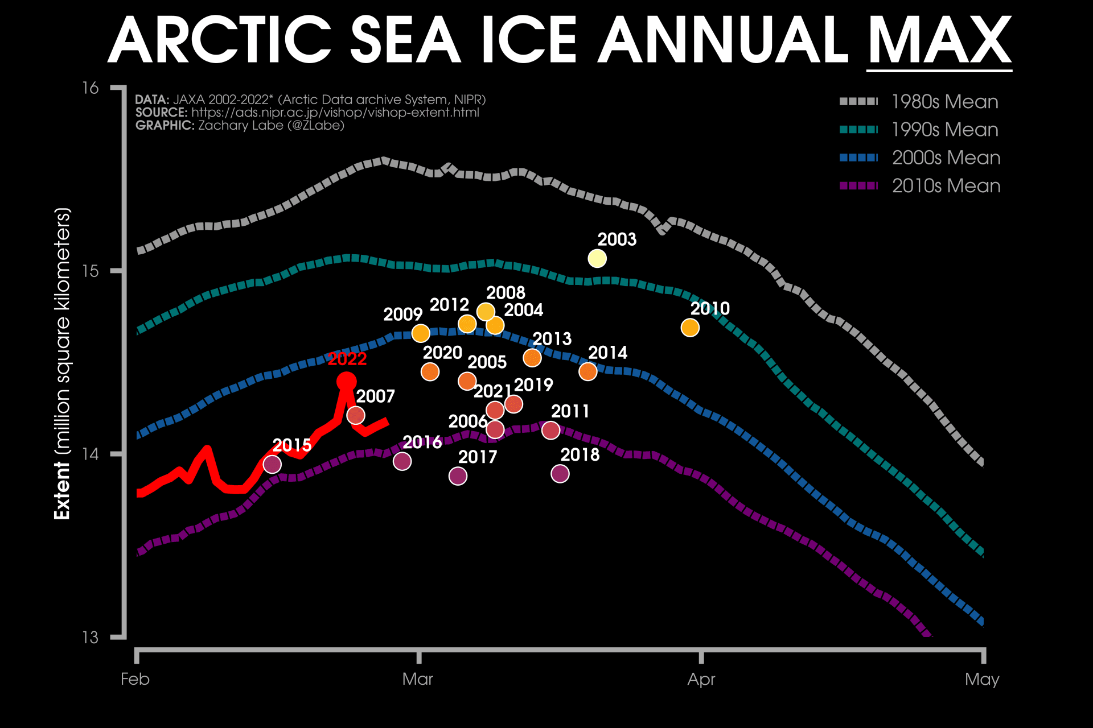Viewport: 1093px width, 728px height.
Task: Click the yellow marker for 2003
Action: click(x=597, y=258)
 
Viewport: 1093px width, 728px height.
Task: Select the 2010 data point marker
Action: click(x=690, y=328)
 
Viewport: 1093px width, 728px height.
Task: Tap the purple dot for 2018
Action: click(x=560, y=473)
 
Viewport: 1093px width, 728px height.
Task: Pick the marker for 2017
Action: click(x=458, y=476)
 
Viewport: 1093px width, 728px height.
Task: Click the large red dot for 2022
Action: click(x=346, y=381)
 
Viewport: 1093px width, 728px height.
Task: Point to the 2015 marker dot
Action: click(x=272, y=464)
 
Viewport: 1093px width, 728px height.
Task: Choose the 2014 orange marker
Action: click(x=587, y=371)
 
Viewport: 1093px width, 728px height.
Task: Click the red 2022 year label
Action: click(x=347, y=359)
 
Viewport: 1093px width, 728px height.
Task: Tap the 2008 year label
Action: click(x=506, y=292)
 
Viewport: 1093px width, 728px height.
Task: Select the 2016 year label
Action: click(x=422, y=442)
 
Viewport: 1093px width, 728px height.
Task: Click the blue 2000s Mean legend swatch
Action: click(x=858, y=158)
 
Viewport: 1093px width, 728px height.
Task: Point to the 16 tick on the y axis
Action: click(x=91, y=88)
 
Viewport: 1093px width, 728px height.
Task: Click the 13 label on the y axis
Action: click(x=91, y=637)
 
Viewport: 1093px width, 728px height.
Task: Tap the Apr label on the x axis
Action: click(x=701, y=679)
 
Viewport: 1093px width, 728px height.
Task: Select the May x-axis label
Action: click(x=982, y=679)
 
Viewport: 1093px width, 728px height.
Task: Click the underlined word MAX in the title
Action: click(x=939, y=41)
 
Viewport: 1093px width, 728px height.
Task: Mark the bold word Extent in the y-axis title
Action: click(x=62, y=490)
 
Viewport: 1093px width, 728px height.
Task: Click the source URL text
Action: click(x=335, y=113)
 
